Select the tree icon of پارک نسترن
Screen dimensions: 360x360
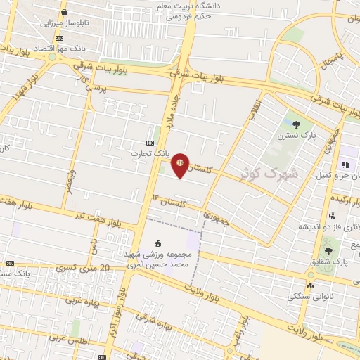[x=295, y=124]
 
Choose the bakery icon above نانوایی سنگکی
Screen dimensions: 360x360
[x=310, y=285]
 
